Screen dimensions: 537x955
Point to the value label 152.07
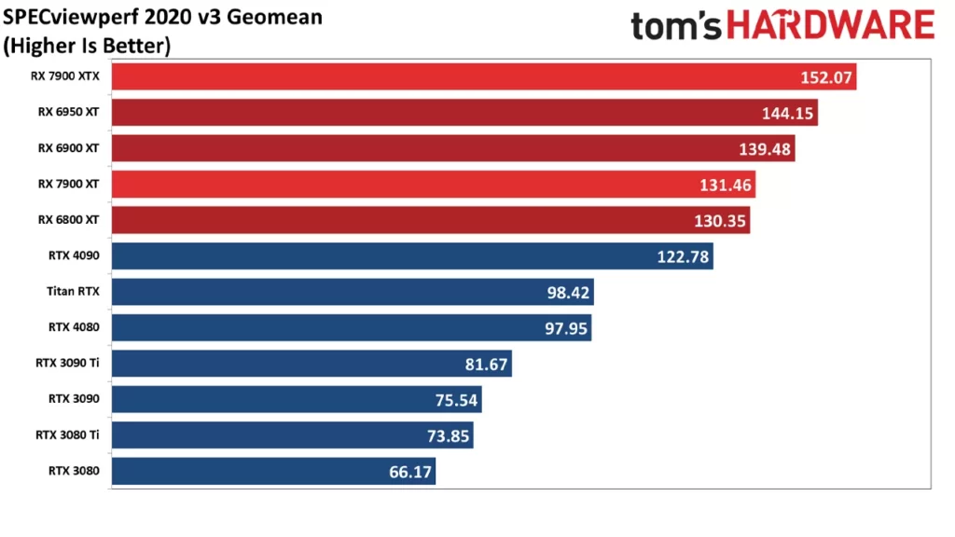coord(826,77)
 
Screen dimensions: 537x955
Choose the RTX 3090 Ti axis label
coord(66,363)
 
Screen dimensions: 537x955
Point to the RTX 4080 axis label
coord(74,327)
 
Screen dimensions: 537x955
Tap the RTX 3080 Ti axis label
coord(66,434)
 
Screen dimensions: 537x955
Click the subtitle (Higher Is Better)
coord(87,46)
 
